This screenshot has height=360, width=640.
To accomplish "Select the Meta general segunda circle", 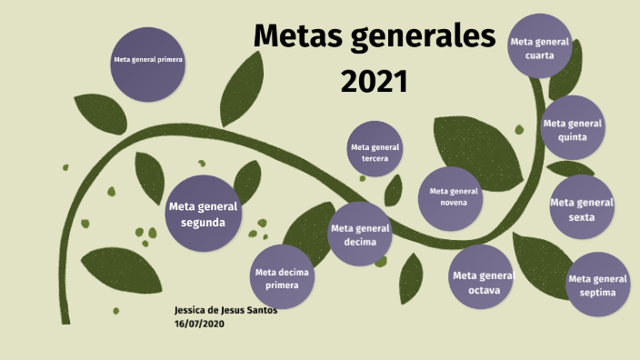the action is coord(203,214).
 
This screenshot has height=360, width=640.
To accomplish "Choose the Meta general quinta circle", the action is coord(573,129).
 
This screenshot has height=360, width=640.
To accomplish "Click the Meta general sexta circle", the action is coord(582,208).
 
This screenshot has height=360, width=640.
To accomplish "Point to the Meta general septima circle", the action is coord(597,285).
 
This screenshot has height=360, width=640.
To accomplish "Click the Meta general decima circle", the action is coord(360,235).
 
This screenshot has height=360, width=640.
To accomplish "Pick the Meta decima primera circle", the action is coord(283,277).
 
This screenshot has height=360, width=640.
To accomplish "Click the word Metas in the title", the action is coord(301,37).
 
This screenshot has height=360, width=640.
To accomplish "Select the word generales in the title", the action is coord(426,37).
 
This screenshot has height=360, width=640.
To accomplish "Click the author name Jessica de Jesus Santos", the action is coord(225,310).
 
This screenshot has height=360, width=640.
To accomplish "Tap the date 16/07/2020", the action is coord(199,323).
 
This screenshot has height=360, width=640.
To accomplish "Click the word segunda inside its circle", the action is coord(204,222).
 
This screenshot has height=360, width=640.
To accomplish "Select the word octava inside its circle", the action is coord(483,290).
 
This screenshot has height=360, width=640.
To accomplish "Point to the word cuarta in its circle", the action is coord(540,55).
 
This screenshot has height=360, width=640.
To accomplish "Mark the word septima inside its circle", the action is coord(597,293).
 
